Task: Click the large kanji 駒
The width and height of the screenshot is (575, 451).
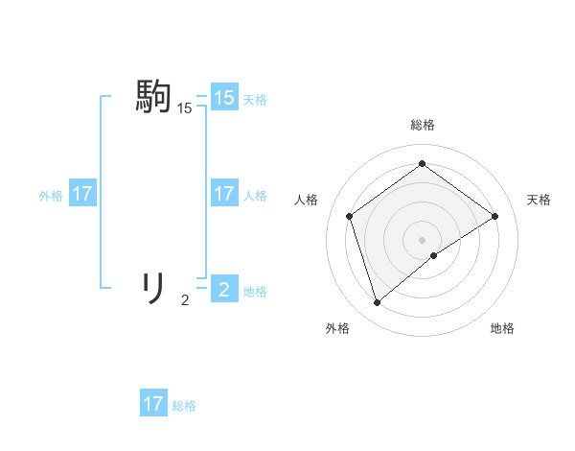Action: [153, 97]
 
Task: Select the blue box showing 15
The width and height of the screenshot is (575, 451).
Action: [224, 98]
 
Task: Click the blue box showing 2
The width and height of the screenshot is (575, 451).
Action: [224, 289]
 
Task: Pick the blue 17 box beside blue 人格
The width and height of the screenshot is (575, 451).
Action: [224, 194]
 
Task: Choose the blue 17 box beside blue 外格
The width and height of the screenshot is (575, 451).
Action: [82, 194]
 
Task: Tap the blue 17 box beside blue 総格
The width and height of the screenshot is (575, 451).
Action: [153, 404]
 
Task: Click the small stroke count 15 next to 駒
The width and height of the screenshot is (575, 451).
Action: [184, 109]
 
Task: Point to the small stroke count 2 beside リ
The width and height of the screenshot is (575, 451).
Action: [185, 300]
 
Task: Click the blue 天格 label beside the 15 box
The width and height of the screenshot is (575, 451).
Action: [255, 100]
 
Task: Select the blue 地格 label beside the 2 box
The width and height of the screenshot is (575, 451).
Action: [255, 292]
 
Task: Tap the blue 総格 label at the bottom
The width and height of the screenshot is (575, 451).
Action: [184, 406]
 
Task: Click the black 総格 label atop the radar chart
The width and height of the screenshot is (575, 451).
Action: [422, 125]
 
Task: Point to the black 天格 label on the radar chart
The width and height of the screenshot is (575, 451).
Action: [539, 200]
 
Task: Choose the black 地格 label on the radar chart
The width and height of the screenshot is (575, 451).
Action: [502, 328]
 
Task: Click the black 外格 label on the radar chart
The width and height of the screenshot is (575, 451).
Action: [337, 328]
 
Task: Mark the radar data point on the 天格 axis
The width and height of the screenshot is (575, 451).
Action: [494, 216]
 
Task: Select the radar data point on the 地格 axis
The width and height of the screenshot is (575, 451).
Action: [434, 255]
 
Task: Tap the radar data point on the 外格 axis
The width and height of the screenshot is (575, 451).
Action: [378, 303]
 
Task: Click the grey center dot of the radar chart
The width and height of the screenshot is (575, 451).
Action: [422, 239]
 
